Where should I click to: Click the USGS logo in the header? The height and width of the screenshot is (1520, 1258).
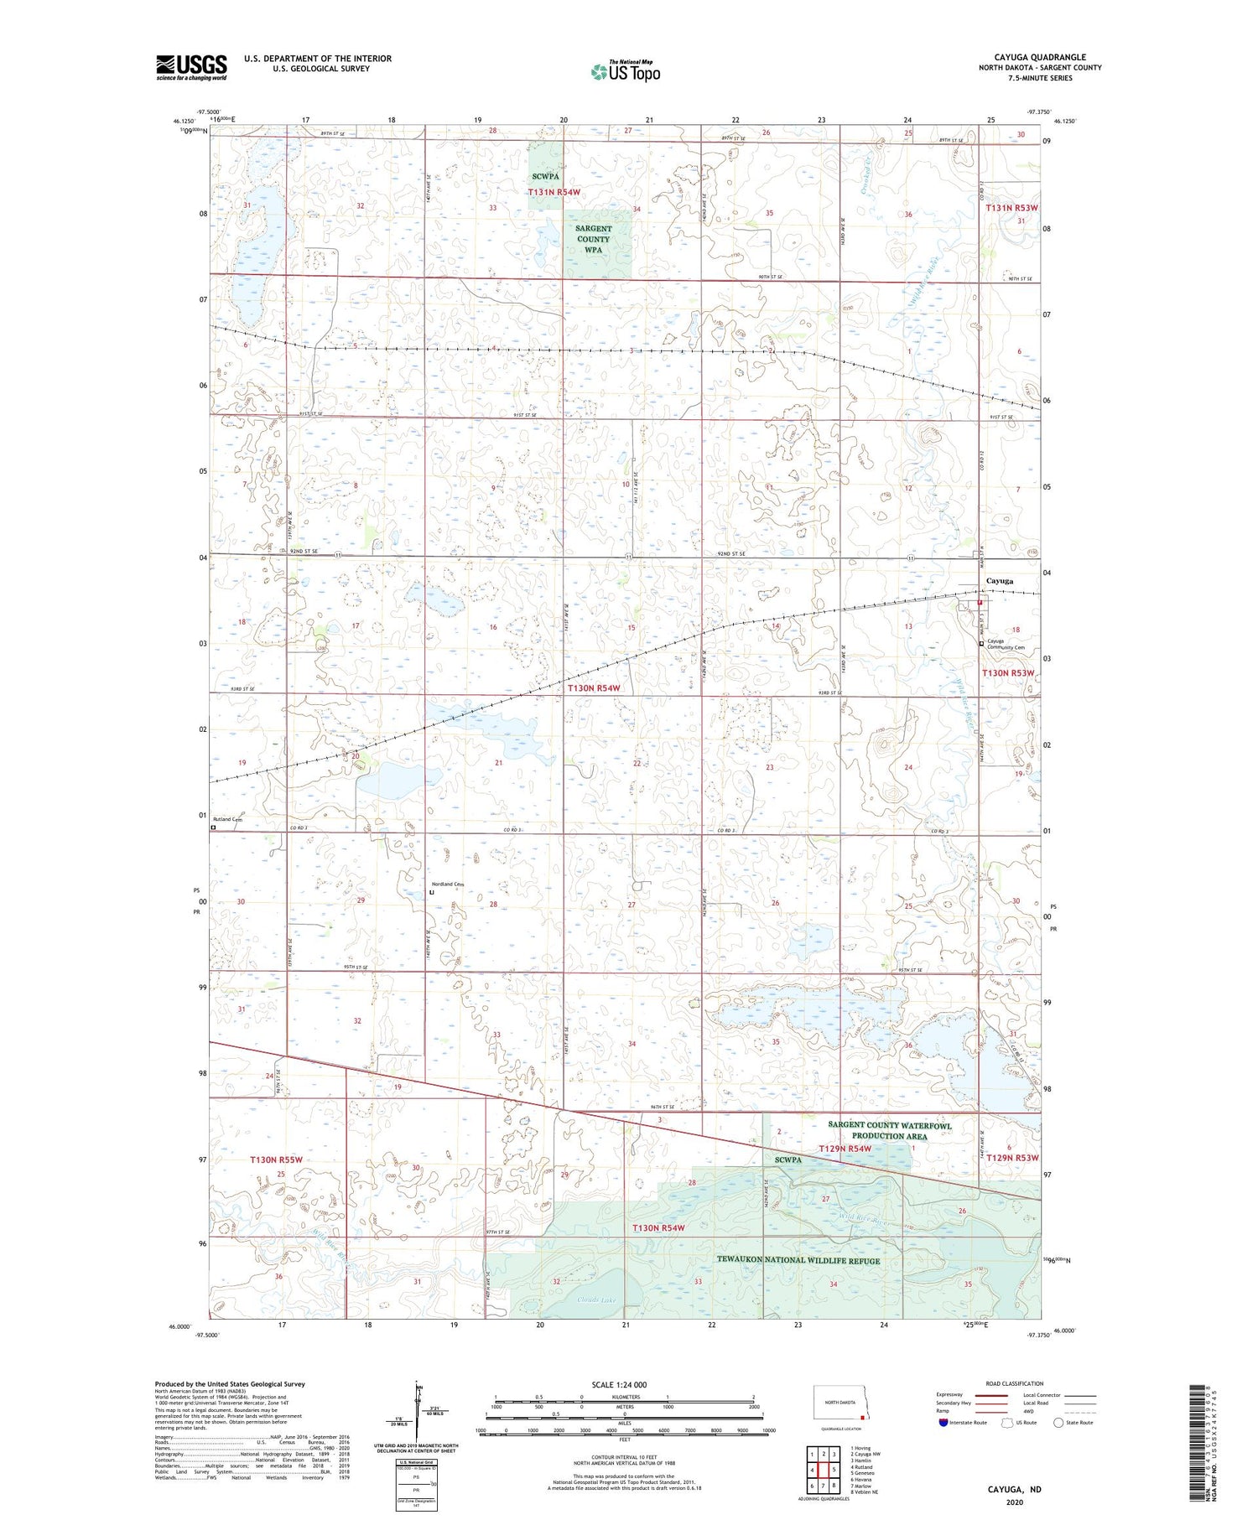(x=191, y=67)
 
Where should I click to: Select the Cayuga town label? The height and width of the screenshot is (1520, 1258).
(x=999, y=581)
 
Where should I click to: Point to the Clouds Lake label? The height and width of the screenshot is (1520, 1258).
(x=596, y=1300)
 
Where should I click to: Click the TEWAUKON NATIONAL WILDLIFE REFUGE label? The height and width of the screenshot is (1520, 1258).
(x=798, y=1260)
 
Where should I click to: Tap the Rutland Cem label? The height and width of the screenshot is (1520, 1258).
(x=227, y=818)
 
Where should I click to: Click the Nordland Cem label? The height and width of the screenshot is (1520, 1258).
(x=448, y=885)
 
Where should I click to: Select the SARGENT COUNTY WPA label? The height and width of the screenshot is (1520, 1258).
(x=593, y=239)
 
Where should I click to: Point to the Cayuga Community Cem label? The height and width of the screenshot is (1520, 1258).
(x=1006, y=644)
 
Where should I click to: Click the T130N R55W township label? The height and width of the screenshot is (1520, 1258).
(x=276, y=1159)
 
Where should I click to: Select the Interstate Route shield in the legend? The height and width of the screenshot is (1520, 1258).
(x=943, y=1422)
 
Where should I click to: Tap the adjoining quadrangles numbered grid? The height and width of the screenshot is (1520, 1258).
(x=822, y=1471)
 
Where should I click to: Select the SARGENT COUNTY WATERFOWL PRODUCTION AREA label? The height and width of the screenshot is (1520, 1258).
(x=889, y=1130)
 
